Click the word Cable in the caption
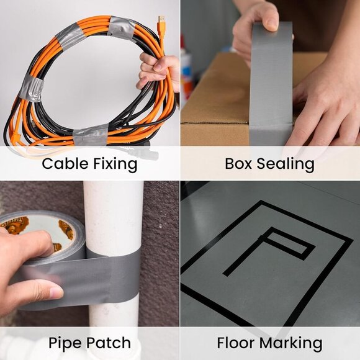click(x=63, y=164)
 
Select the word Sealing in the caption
click(x=287, y=164)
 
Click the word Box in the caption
click(x=238, y=164)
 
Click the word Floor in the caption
click(x=238, y=343)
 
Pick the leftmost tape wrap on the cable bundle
click(x=30, y=88)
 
